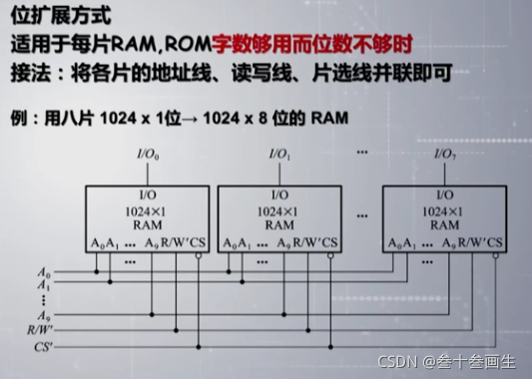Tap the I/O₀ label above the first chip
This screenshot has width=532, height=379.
(x=146, y=155)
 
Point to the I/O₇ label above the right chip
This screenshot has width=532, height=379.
(x=445, y=155)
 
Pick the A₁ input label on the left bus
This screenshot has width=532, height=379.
(x=43, y=284)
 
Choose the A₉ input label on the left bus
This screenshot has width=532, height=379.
(x=43, y=310)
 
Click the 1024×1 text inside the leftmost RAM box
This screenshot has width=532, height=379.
(x=144, y=210)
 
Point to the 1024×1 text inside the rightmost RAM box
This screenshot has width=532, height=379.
(x=443, y=210)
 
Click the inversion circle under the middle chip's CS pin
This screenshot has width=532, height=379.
(x=335, y=256)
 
